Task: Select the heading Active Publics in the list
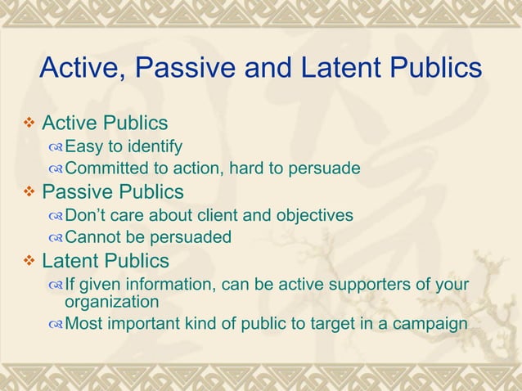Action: (105, 124)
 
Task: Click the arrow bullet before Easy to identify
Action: (56, 148)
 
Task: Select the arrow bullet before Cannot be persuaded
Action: (56, 238)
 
